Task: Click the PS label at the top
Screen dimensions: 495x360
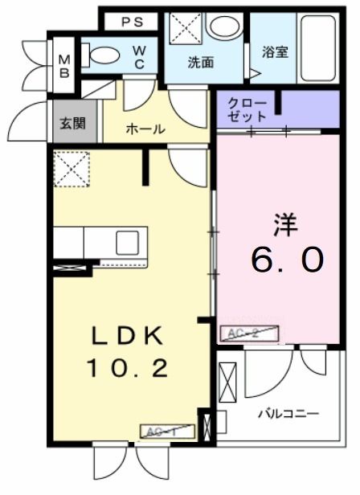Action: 133,22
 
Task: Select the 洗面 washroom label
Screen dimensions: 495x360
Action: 200,63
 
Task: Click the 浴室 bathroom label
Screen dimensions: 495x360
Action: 276,52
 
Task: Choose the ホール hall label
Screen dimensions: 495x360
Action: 145,129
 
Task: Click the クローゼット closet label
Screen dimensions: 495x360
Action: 247,109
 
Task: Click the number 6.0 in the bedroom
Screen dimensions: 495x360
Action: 287,260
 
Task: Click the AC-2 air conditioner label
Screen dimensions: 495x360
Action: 250,332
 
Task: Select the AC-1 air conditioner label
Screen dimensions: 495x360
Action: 168,432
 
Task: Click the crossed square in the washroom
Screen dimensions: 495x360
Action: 182,31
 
